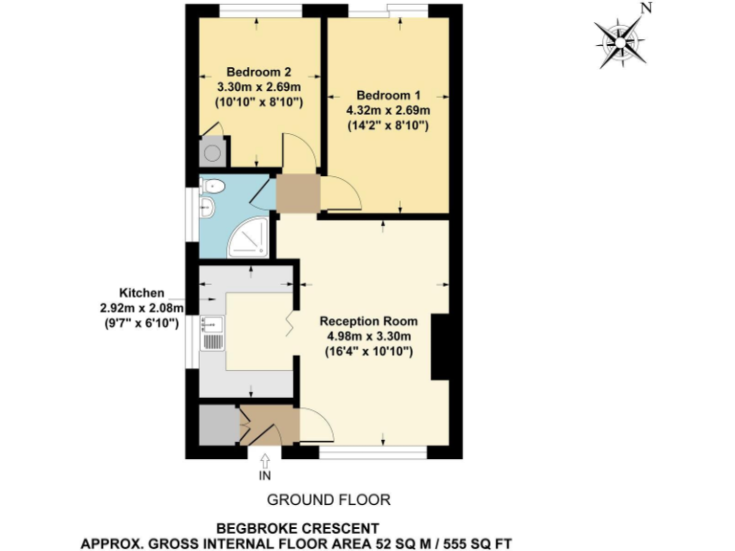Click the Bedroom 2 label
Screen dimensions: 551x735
point(258,72)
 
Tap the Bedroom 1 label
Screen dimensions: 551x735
point(388,96)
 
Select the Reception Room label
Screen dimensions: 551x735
point(366,320)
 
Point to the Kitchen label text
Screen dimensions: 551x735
point(142,293)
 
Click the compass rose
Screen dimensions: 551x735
point(621,41)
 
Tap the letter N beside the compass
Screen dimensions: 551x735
point(647,9)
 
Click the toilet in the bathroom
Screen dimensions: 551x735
point(213,186)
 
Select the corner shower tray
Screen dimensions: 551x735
point(248,238)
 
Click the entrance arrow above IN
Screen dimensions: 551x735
point(265,459)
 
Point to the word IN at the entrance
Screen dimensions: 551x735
point(265,475)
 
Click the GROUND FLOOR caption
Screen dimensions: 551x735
point(328,499)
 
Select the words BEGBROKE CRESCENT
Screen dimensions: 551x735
point(298,527)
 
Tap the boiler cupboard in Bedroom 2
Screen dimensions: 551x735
point(212,152)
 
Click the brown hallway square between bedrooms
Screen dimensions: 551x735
point(297,192)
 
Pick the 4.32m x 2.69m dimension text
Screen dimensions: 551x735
point(388,110)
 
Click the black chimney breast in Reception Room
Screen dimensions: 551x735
point(441,346)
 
